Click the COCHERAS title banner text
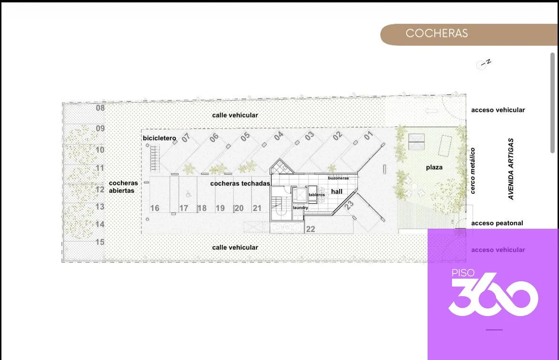pyautogui.click(x=436, y=33)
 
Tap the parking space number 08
pyautogui.click(x=100, y=107)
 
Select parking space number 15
pyautogui.click(x=100, y=242)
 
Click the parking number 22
pyautogui.click(x=311, y=229)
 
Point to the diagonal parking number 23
pyautogui.click(x=349, y=205)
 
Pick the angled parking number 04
pyautogui.click(x=279, y=136)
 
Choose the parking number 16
pyautogui.click(x=155, y=208)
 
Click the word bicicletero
pyautogui.click(x=160, y=138)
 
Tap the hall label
pyautogui.click(x=336, y=192)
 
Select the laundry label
pyautogui.click(x=301, y=207)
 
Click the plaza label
pyautogui.click(x=434, y=167)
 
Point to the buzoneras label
pyautogui.click(x=338, y=178)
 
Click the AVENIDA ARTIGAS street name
pyautogui.click(x=511, y=169)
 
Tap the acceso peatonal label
pyautogui.click(x=497, y=223)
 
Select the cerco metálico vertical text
pyautogui.click(x=473, y=171)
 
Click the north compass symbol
pyautogui.click(x=484, y=64)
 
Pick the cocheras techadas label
pyautogui.click(x=240, y=183)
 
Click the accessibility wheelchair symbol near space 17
pyautogui.click(x=188, y=195)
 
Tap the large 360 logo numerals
pyautogui.click(x=494, y=295)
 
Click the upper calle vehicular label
pyautogui.click(x=235, y=115)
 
